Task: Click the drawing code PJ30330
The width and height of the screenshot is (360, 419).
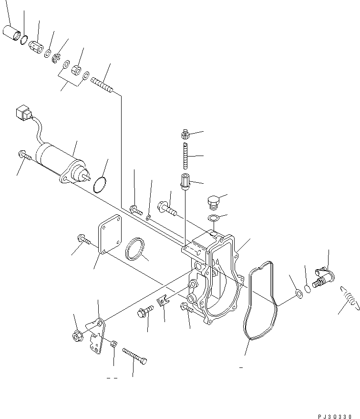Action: point(333,415)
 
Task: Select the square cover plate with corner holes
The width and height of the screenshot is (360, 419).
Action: point(110,234)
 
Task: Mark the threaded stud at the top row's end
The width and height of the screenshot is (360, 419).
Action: point(101,86)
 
